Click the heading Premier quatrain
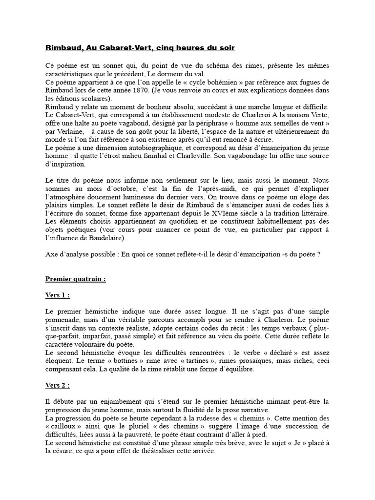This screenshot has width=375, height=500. pos(75,279)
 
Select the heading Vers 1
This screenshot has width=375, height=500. pos(57,296)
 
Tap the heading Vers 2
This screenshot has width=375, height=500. pos(57,385)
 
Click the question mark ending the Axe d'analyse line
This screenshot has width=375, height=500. pos(318,254)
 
